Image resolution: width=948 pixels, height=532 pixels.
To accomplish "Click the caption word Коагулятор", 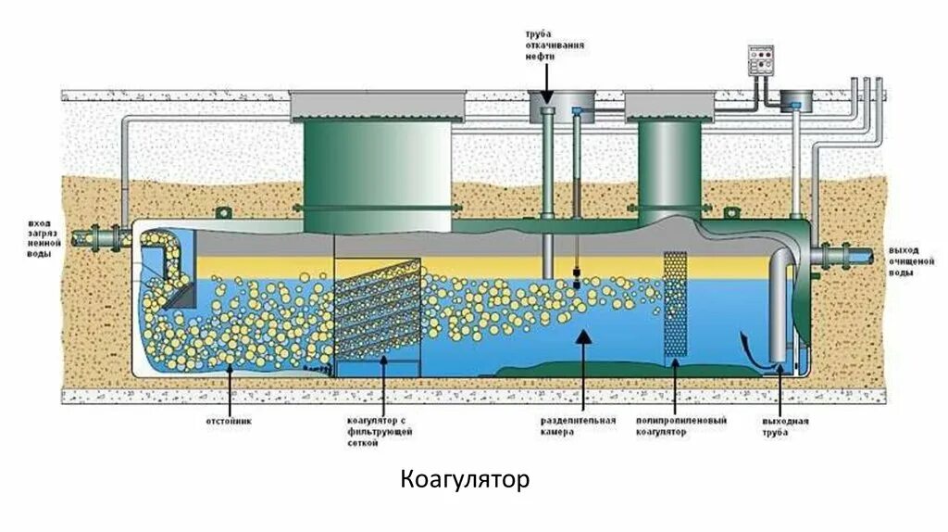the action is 465,480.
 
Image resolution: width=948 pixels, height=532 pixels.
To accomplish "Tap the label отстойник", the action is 228,420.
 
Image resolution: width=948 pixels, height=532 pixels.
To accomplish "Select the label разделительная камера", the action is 578,425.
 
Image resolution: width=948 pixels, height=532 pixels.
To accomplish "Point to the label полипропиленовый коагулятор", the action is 681,425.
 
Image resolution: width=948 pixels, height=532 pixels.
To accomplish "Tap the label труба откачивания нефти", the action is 545,44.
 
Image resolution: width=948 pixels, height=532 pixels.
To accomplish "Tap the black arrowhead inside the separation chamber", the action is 581,338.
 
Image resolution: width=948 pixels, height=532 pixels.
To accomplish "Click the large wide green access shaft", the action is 378,176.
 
